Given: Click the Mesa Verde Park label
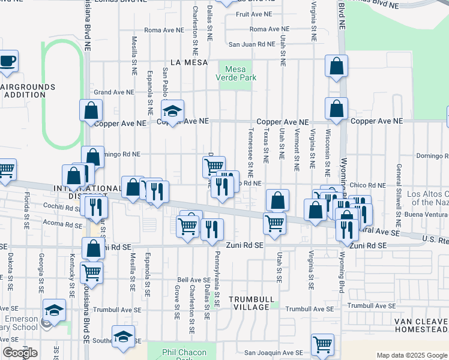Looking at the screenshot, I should pyautogui.click(x=237, y=73).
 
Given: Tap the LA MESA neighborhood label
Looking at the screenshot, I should pyautogui.click(x=188, y=62).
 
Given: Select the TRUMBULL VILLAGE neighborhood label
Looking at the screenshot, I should pyautogui.click(x=252, y=303).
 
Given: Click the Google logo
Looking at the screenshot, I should pyautogui.click(x=20, y=353).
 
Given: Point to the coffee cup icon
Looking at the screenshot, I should pyautogui.click(x=8, y=61).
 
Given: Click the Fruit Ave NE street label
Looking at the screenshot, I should pyautogui.click(x=254, y=13).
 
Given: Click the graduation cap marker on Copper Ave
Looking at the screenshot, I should pyautogui.click(x=172, y=111).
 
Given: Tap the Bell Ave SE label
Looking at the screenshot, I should pyautogui.click(x=192, y=280).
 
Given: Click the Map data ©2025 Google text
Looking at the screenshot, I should pyautogui.click(x=412, y=355).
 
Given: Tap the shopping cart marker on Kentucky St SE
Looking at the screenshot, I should pyautogui.click(x=92, y=272).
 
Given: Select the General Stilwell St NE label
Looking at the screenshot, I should pyautogui.click(x=397, y=191).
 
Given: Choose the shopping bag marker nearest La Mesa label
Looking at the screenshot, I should pyautogui.click(x=337, y=67).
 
